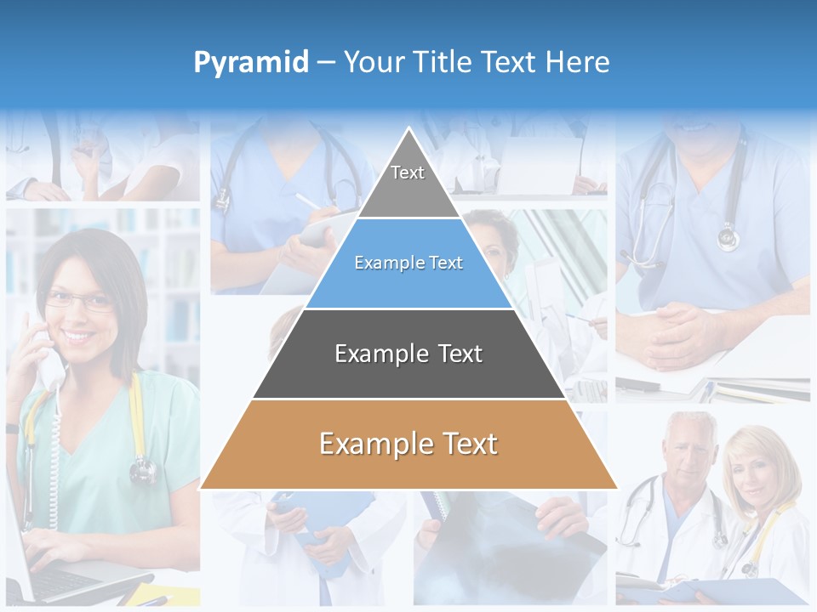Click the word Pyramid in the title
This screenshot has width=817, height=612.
coord(250,62)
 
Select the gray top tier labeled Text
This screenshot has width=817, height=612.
coord(408,178)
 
